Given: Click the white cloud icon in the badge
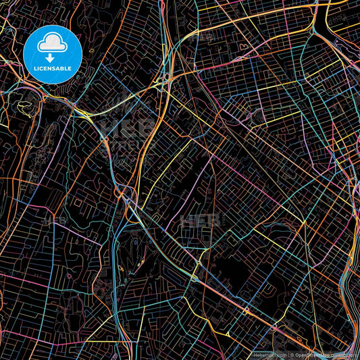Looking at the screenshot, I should click(53, 43).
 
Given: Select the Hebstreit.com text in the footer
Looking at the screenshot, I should click(269, 355).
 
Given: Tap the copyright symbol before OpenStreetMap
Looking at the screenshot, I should click(291, 355).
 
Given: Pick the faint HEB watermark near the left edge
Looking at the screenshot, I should click(54, 220).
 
